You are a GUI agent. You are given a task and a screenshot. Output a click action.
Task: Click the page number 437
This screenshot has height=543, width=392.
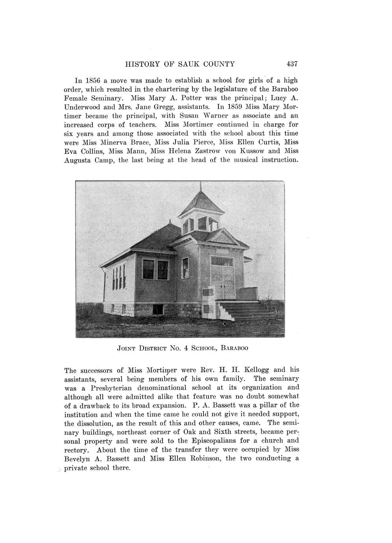point(292,64)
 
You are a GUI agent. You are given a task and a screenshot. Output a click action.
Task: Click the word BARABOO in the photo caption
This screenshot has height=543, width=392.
point(235,348)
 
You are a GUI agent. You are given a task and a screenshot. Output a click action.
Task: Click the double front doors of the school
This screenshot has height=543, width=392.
point(223,282)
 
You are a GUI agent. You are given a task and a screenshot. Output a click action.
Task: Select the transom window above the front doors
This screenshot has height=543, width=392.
point(222,260)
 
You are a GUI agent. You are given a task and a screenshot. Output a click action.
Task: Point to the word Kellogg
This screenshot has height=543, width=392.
point(257,370)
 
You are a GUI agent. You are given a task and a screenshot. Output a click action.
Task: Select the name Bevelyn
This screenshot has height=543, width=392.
point(77,458)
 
